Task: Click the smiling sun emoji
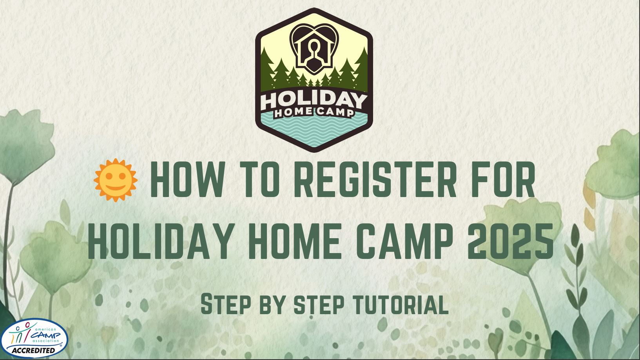[x=116, y=180]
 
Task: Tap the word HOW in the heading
[x=187, y=179]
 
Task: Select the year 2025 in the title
[x=510, y=241]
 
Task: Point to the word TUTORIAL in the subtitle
[x=400, y=304]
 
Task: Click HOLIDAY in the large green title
[x=160, y=241]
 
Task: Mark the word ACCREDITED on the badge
[x=33, y=350]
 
